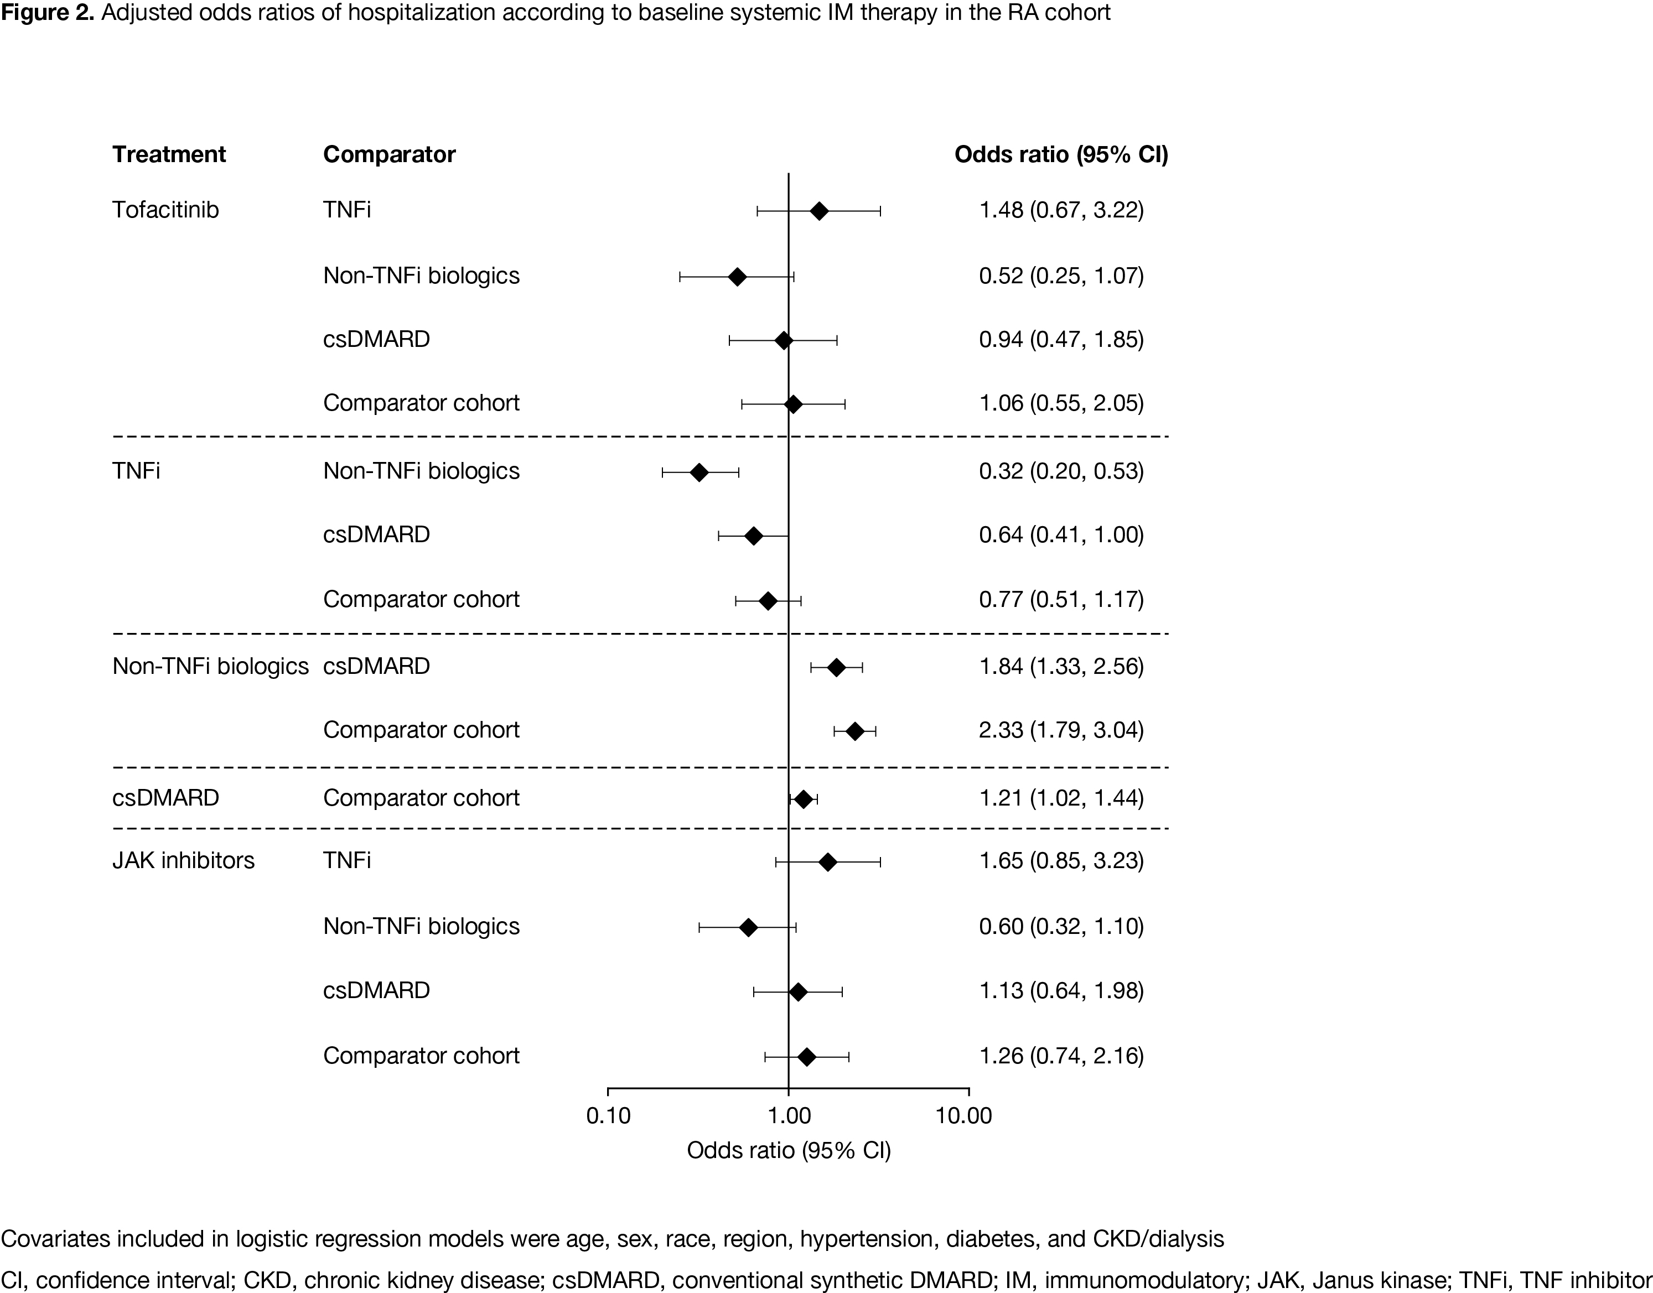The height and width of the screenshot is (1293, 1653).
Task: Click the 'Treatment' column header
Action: pyautogui.click(x=169, y=154)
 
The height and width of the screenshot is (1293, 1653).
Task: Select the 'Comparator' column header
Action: pyautogui.click(x=389, y=154)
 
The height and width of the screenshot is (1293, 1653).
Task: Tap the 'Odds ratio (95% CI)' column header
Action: pyautogui.click(x=1061, y=154)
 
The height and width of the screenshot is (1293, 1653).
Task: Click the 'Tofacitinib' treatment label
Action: pyautogui.click(x=165, y=210)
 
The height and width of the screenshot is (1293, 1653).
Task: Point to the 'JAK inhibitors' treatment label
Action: pyautogui.click(x=183, y=861)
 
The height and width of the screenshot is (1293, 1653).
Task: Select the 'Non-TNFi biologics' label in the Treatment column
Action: pyautogui.click(x=210, y=666)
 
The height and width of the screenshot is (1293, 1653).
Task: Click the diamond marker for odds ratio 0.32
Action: pyautogui.click(x=699, y=473)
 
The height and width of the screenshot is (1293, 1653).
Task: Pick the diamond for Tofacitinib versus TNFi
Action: pyautogui.click(x=818, y=211)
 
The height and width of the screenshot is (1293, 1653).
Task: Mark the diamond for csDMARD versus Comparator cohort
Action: pyautogui.click(x=804, y=799)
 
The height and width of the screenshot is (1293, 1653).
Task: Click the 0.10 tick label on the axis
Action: pyautogui.click(x=608, y=1116)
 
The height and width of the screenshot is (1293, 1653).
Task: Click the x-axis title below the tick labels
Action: pyautogui.click(x=788, y=1151)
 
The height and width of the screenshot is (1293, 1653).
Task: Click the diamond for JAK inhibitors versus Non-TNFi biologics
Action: pyautogui.click(x=748, y=928)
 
